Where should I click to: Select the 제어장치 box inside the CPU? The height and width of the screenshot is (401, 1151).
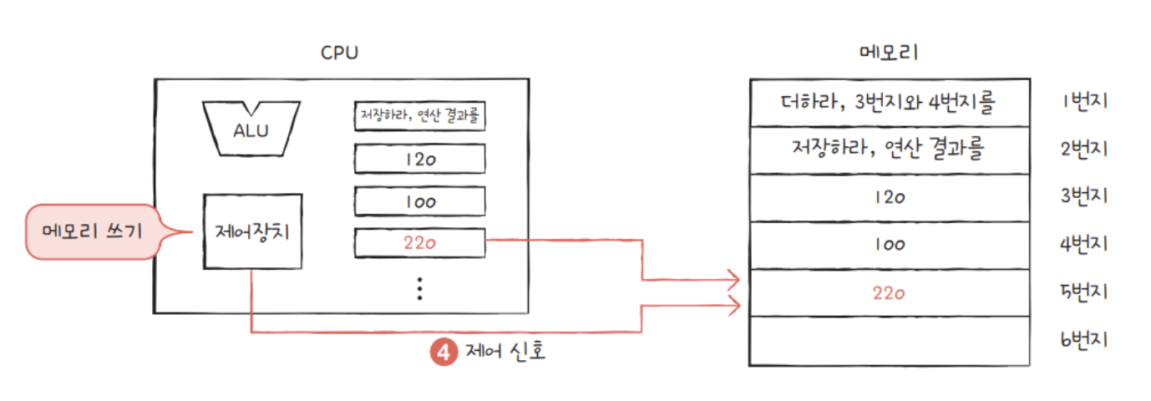point(251,231)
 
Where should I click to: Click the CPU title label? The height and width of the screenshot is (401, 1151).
point(340,53)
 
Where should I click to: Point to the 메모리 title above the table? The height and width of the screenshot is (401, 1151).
point(888,53)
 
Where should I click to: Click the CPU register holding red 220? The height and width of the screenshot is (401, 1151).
point(420,243)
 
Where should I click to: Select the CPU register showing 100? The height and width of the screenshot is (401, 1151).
point(420,201)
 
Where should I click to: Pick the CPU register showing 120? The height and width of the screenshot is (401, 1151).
point(420,159)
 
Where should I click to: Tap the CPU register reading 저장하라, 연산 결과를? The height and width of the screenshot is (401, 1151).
point(420,115)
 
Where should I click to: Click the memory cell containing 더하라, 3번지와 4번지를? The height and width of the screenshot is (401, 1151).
point(889,102)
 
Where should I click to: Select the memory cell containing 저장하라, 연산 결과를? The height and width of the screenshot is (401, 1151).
point(889,150)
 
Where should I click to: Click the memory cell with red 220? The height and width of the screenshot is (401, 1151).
point(889,293)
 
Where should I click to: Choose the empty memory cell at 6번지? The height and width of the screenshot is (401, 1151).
point(889,341)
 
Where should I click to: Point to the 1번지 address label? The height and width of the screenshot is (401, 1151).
point(1083,102)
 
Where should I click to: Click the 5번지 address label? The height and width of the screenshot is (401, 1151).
point(1083,293)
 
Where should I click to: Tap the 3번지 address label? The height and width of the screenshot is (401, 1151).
point(1083,197)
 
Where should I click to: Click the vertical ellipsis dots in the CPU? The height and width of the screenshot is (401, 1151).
point(420,287)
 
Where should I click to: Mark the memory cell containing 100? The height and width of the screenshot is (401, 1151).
point(889,246)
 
